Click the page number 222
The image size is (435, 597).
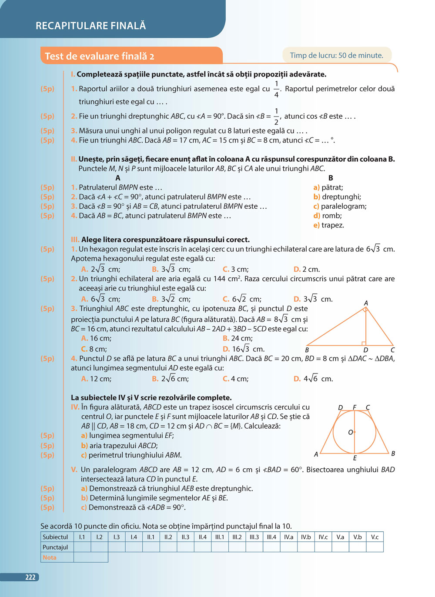(30, 577)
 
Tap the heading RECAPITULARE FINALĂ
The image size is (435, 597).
(90, 26)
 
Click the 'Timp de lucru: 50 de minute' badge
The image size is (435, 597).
(336, 55)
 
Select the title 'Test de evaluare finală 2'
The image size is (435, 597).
(100, 56)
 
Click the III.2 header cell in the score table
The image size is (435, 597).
(237, 537)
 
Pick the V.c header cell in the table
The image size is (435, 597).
(375, 537)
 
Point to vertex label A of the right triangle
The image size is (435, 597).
(366, 303)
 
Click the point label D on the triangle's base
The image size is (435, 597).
(365, 350)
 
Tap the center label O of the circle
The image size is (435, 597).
(351, 432)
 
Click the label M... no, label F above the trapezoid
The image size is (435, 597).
(355, 407)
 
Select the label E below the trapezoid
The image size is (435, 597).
(355, 458)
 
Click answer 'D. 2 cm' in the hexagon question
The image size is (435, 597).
(307, 269)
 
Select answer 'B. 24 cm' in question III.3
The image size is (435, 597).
(238, 338)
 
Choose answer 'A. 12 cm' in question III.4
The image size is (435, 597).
(96, 379)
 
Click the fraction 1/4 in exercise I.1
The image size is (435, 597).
(276, 89)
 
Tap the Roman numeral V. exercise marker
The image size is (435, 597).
(74, 470)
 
